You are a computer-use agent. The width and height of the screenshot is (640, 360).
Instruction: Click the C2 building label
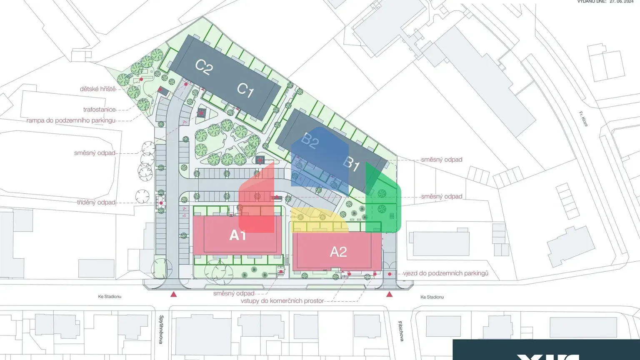204,67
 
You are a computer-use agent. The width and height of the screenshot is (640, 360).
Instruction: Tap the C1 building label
245,90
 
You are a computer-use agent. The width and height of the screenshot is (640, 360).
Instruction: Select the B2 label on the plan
310,141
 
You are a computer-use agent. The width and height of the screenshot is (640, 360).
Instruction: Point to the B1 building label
351,164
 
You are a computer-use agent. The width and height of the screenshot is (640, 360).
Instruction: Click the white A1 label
237,235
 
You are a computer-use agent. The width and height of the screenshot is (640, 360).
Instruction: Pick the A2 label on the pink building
338,252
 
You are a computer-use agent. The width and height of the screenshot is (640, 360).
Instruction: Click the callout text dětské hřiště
98,89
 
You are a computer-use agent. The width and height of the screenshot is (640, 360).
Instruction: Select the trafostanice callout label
99,110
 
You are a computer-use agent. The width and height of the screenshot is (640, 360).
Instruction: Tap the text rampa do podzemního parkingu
71,120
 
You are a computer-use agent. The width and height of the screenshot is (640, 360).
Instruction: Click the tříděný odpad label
96,202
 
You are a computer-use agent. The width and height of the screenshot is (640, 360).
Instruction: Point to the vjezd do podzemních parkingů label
445,273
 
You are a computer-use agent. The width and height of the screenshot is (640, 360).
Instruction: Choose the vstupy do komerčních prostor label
282,301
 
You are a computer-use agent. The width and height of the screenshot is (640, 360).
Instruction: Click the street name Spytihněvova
161,329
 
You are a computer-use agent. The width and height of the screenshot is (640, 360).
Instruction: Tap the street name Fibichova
400,331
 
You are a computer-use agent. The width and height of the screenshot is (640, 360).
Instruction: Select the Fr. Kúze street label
583,119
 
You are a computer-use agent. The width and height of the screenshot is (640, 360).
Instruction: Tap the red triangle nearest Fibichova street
389,294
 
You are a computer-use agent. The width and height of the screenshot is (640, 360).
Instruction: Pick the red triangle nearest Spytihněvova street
173,294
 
